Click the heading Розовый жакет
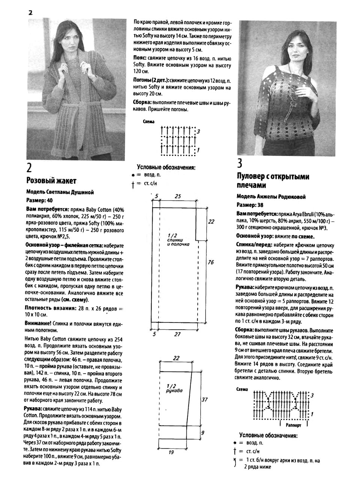pos(51,181)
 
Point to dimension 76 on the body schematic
pos(211,262)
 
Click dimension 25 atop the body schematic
pos(178,196)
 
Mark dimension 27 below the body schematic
pos(177,334)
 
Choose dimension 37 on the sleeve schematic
pos(204,400)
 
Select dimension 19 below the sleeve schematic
pos(171,452)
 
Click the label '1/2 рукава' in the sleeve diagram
pos(174,388)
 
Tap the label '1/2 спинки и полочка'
pos(178,240)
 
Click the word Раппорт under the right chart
pos(293,426)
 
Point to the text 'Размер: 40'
pos(39,200)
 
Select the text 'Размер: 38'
pos(250,205)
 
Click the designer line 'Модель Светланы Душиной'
pos(60,192)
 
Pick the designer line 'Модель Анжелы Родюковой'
pos(271,196)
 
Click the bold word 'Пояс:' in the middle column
pos(140,59)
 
